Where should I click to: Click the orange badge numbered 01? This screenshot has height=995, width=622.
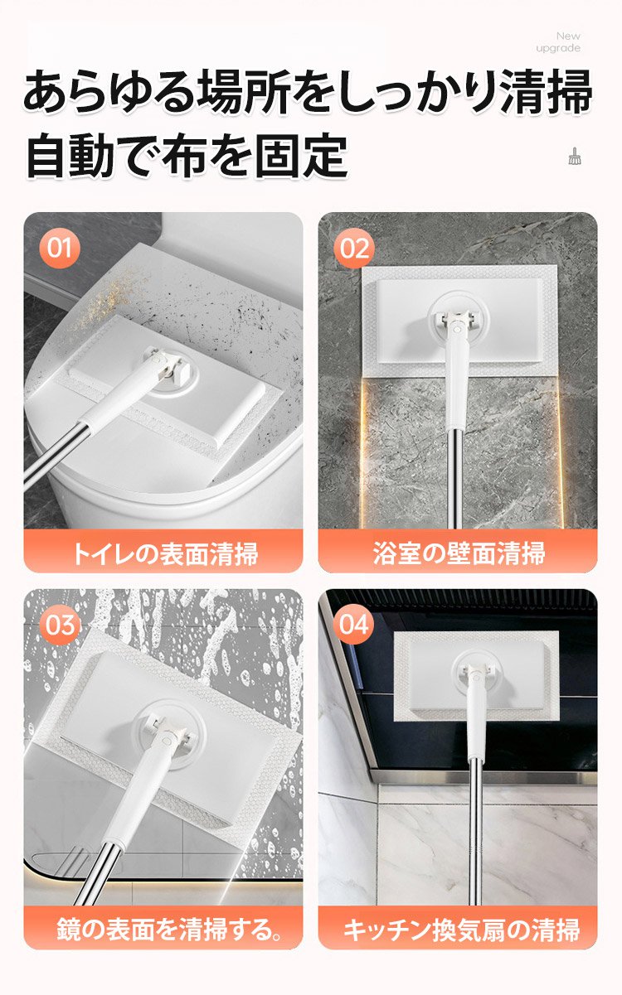[x=59, y=248]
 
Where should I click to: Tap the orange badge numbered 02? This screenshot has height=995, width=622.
[x=354, y=248]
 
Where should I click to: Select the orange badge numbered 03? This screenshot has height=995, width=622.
[x=60, y=625]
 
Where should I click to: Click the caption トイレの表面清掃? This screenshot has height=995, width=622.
[x=164, y=554]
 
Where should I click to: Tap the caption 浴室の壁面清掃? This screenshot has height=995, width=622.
[x=459, y=553]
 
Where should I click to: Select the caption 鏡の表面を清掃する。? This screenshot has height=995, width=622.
[x=169, y=929]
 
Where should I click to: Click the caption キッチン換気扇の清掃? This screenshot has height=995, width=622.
[x=461, y=930]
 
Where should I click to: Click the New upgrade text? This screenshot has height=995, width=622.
[x=558, y=41]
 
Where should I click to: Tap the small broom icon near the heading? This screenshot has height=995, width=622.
[x=575, y=156]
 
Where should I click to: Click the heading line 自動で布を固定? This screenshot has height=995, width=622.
[x=187, y=156]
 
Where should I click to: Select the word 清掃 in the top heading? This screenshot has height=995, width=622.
[x=547, y=92]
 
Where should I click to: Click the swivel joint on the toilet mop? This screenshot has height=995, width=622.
[x=171, y=368]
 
